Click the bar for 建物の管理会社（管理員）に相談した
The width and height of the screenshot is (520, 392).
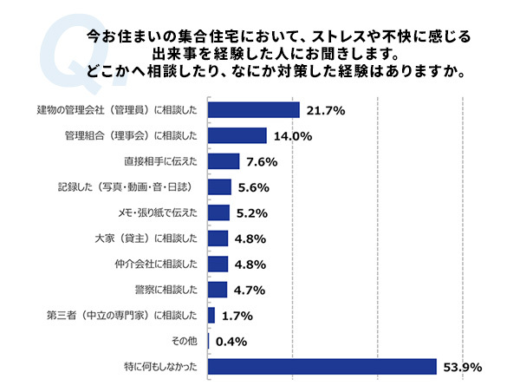tap(253, 110)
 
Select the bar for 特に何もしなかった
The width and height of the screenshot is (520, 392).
tap(322, 367)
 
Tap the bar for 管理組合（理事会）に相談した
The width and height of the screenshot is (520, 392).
tap(237, 135)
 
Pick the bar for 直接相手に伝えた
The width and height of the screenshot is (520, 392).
tap(223, 161)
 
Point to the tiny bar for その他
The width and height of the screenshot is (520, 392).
tap(209, 341)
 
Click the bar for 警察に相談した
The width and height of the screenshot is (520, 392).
tap(217, 290)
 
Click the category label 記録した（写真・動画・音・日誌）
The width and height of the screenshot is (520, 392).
tap(140, 186)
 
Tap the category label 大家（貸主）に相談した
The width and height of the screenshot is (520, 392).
tap(151, 238)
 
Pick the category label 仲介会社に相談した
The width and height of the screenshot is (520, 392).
tap(157, 264)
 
